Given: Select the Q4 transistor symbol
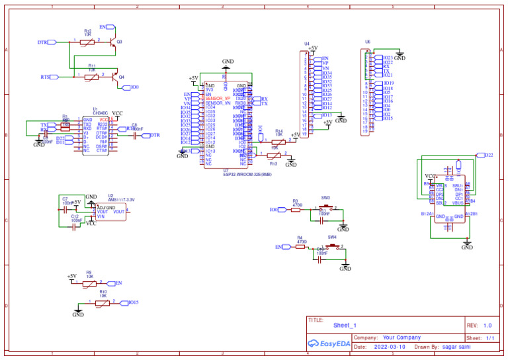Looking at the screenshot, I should coord(118,77).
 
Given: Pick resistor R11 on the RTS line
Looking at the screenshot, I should coord(92,77).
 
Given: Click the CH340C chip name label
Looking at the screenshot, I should coord(101,113).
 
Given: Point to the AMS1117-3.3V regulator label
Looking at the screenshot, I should coord(121,199).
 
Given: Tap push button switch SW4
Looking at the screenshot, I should coord(331,246).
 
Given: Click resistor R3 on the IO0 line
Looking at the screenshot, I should coord(296,209).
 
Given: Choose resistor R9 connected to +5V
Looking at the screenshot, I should coord(89,283).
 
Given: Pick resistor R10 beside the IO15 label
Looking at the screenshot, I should coord(103,302).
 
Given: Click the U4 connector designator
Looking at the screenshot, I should coord(307,44).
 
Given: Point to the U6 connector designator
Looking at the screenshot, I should coord(368,41).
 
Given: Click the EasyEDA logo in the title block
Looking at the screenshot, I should coord(329,343).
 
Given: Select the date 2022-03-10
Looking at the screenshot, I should coord(390,346).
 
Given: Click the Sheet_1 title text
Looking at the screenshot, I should coord(345,326).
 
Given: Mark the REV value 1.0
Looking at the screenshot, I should coord(487,326).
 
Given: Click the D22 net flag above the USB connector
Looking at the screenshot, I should coord(488,155).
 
